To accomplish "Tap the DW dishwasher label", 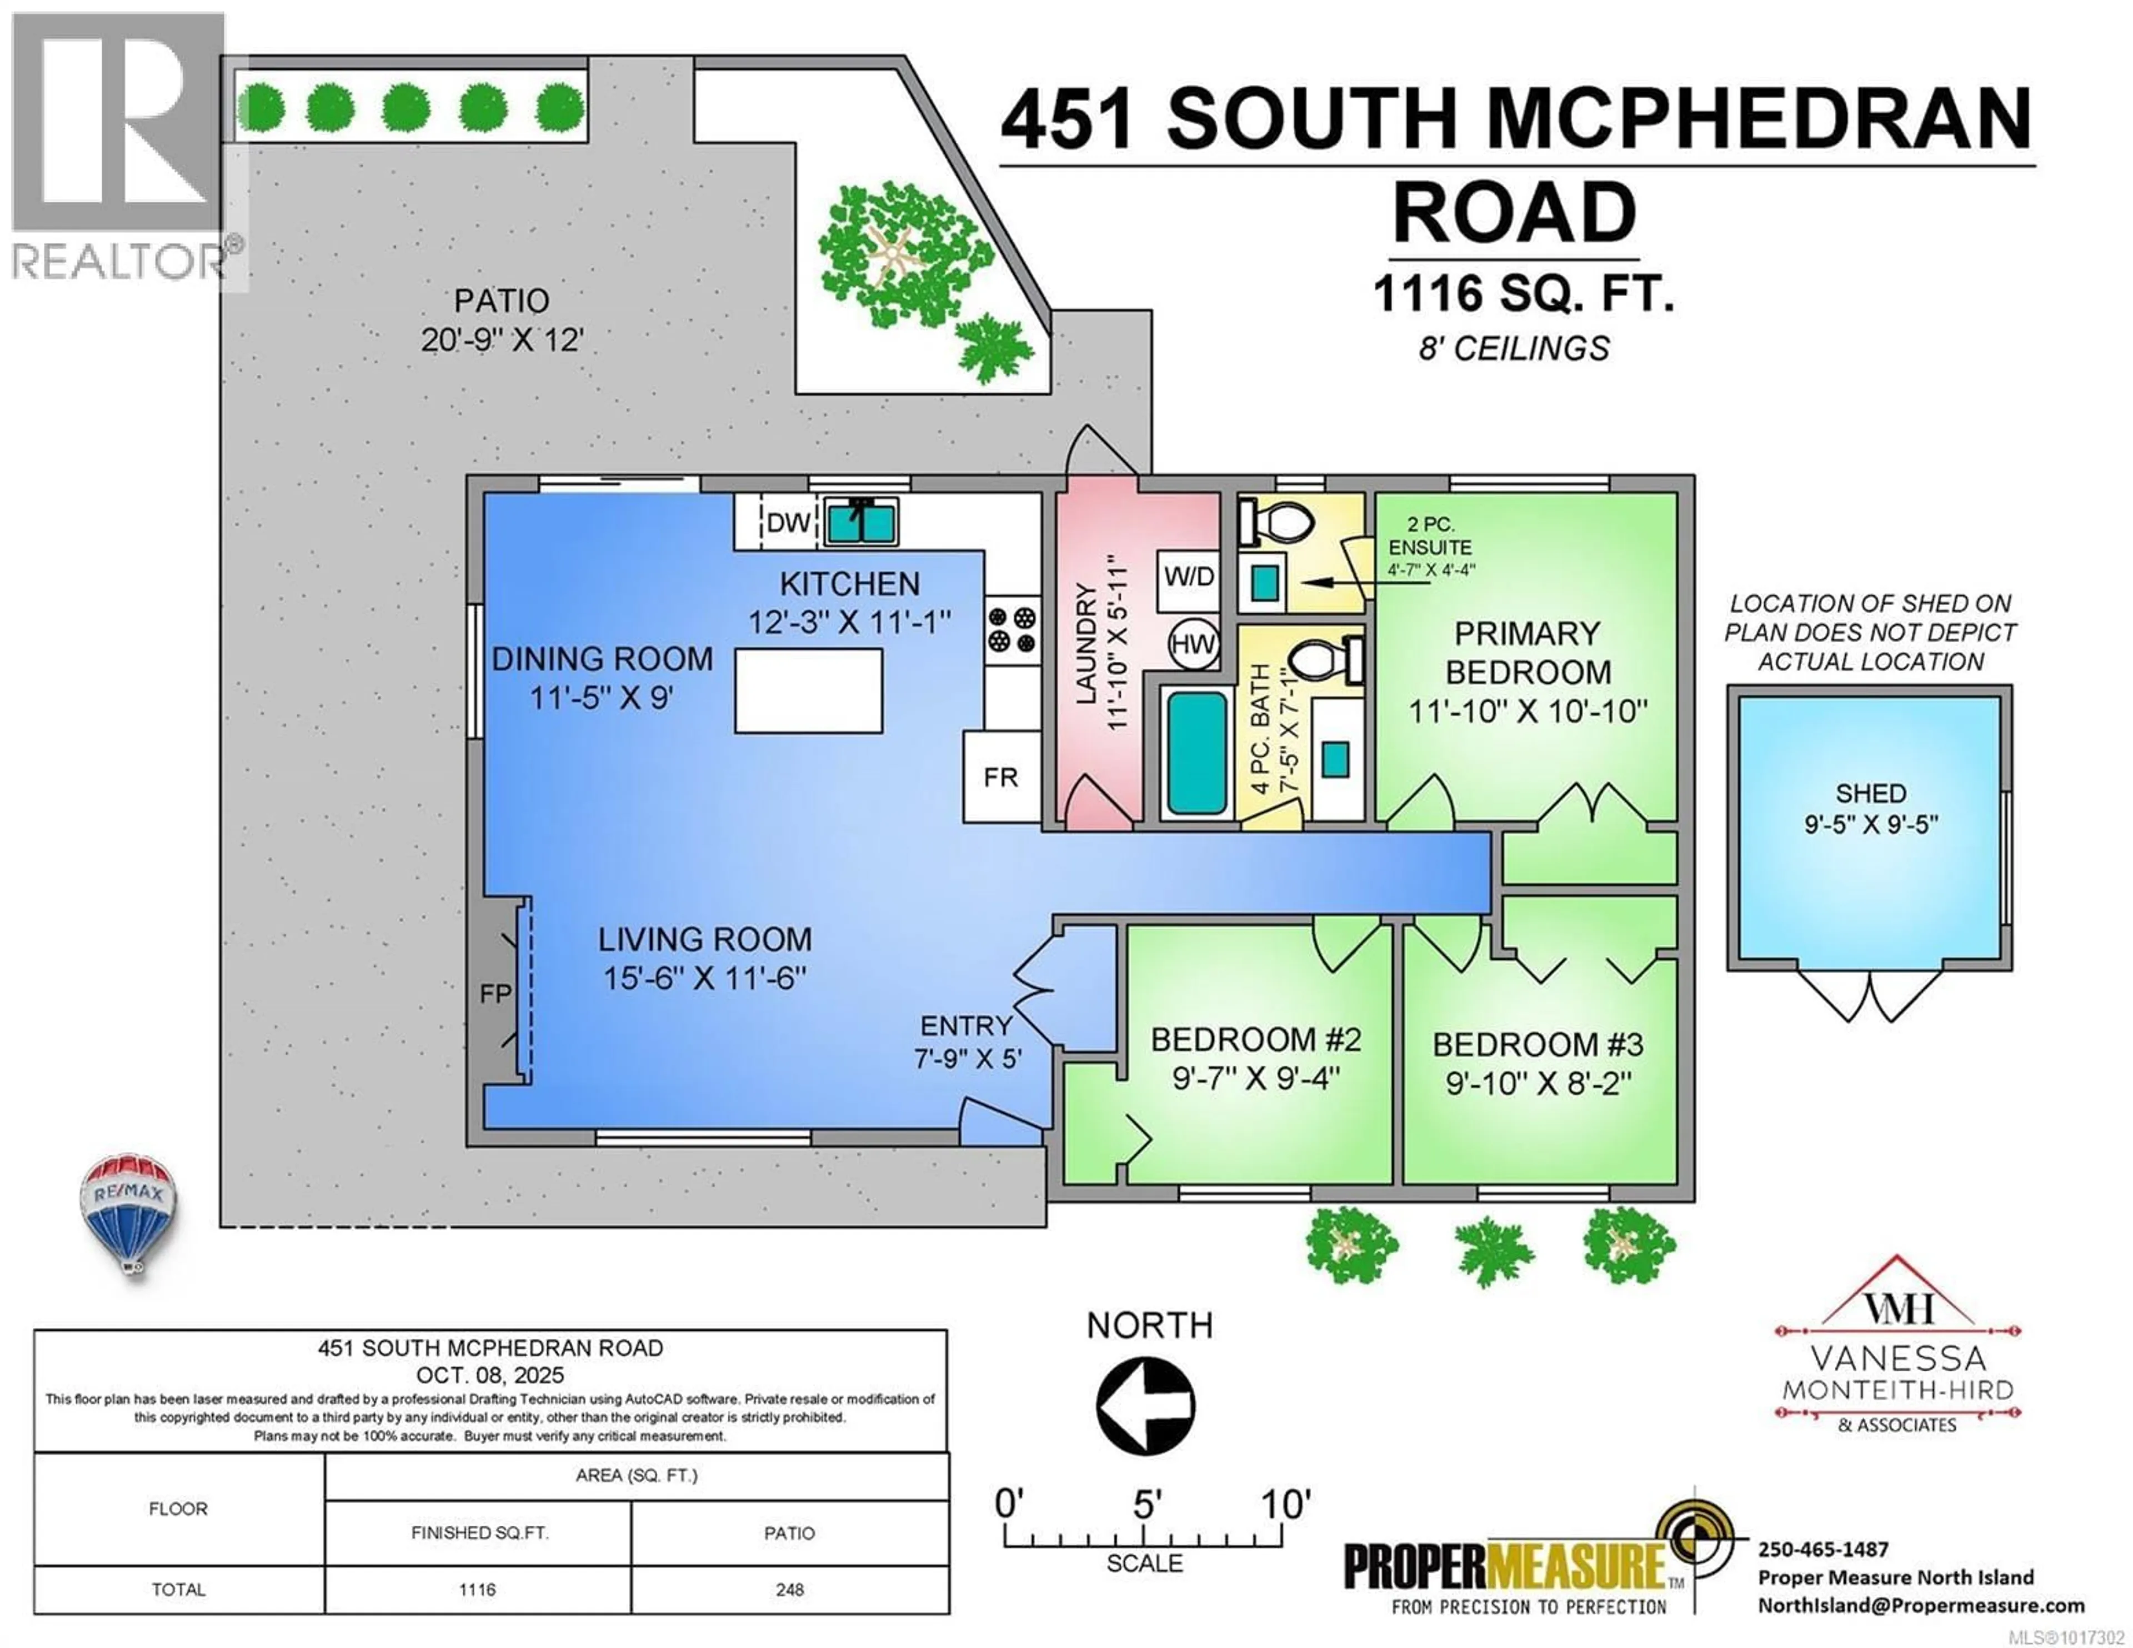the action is [788, 523].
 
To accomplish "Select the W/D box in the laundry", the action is [1189, 577].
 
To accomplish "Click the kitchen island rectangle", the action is [809, 690].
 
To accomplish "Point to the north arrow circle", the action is [1145, 1406].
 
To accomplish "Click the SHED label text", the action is [1870, 793].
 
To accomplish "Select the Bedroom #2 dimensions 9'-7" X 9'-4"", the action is [1256, 1079].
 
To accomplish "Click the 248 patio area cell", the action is [790, 1589].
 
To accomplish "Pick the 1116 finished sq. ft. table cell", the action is [478, 1589].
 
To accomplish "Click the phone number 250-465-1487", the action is [1824, 1549].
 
